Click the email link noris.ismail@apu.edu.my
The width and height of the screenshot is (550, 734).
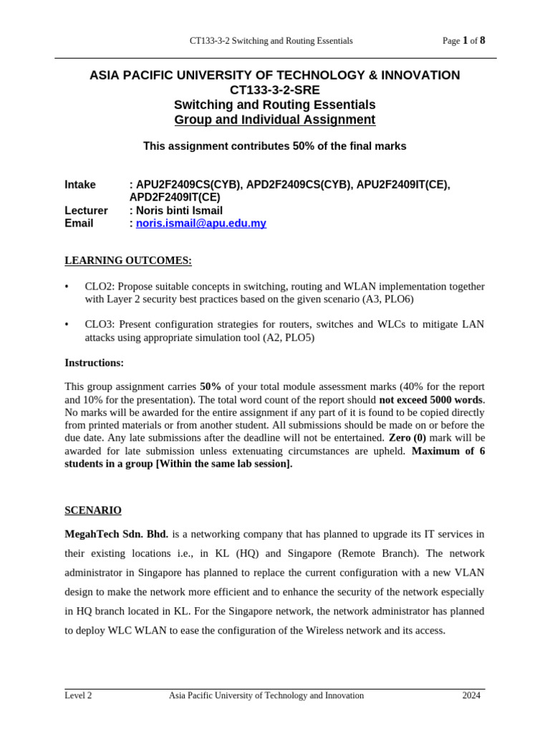tap(201, 224)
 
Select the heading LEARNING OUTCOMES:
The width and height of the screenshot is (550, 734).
tap(128, 260)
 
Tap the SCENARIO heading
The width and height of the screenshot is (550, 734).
tap(93, 510)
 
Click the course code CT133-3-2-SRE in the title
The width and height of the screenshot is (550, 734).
tap(274, 90)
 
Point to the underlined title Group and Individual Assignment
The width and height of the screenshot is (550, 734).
tap(274, 120)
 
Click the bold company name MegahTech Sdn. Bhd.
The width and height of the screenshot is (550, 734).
tap(116, 534)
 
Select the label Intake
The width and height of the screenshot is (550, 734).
tap(80, 185)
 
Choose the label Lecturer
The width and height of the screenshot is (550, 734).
tap(86, 211)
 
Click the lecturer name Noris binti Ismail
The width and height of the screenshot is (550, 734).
tap(179, 211)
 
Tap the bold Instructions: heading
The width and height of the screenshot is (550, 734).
tap(94, 363)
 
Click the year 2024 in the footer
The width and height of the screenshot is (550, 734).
tap(471, 695)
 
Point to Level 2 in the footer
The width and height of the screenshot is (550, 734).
tap(78, 695)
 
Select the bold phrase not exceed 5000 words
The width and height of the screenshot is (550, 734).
tap(431, 400)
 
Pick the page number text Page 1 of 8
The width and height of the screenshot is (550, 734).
tap(463, 41)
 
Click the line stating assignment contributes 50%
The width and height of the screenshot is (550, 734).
tap(274, 146)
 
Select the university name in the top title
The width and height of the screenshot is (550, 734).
tap(274, 75)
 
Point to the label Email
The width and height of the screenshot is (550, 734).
tap(79, 224)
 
